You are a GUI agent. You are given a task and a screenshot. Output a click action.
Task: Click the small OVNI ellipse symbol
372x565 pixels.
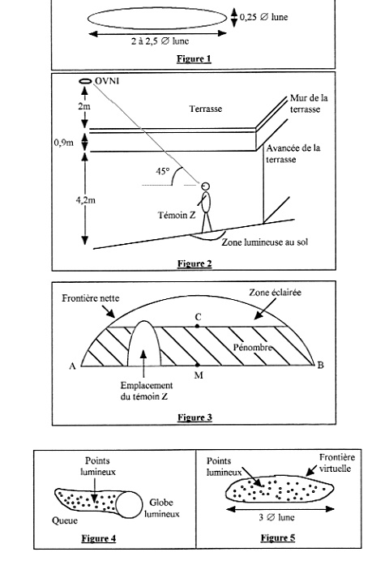tap(85, 81)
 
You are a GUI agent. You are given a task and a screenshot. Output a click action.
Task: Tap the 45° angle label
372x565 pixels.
tap(163, 172)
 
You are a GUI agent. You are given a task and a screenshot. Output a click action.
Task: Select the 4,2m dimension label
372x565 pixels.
tap(86, 200)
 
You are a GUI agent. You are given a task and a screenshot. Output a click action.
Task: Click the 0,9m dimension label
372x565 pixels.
tap(64, 143)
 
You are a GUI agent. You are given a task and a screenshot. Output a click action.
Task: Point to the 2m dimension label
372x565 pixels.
tap(84, 106)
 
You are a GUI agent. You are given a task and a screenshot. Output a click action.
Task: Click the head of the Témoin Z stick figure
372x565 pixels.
tap(206, 186)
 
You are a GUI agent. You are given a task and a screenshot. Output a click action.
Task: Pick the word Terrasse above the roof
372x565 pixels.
tap(206, 109)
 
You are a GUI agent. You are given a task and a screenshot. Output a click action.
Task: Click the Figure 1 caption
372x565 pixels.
tap(194, 58)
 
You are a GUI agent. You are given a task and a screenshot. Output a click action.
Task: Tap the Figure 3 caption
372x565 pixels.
tap(195, 417)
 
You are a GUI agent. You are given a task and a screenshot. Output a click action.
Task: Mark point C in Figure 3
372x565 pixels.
tap(197, 326)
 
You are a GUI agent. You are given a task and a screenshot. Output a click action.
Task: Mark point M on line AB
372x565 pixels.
tap(197, 365)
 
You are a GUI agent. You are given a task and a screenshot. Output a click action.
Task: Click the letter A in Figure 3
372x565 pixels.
tap(72, 366)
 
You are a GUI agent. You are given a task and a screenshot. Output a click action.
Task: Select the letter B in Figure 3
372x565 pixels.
tap(320, 366)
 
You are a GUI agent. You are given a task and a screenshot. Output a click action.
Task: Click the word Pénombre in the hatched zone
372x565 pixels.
tap(252, 348)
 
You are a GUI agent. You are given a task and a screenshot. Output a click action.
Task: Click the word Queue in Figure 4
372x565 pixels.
tap(65, 520)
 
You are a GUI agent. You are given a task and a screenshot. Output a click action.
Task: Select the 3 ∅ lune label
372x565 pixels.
tap(276, 517)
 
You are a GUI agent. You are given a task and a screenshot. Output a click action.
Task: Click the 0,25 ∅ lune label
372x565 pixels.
tap(263, 17)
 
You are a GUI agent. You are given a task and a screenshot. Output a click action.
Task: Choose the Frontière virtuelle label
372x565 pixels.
tap(337, 463)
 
